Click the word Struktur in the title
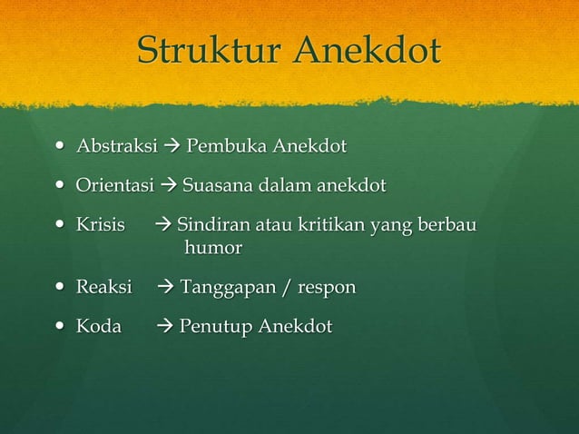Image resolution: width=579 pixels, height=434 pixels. click(211, 52)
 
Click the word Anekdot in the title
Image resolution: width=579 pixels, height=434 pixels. click(368, 52)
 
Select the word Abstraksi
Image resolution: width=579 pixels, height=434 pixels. click(116, 146)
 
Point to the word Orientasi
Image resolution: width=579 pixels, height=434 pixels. click(114, 186)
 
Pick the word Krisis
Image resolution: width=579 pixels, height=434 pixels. click(100, 225)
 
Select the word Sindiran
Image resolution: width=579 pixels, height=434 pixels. click(211, 225)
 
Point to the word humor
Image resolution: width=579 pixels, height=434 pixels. click(213, 247)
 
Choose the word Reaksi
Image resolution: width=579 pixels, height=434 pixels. click(103, 288)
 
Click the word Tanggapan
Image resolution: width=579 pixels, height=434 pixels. click(226, 289)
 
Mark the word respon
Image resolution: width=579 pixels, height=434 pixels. click(325, 290)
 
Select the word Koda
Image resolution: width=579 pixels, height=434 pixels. click(98, 326)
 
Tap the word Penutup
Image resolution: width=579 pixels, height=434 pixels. click(215, 327)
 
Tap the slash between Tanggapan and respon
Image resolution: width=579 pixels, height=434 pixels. click(285, 289)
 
